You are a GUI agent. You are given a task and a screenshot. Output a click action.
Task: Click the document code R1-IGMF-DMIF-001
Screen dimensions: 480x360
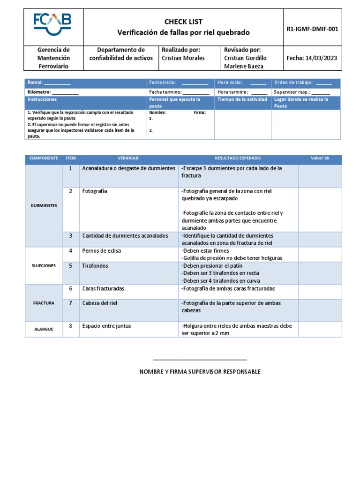pyautogui.click(x=312, y=29)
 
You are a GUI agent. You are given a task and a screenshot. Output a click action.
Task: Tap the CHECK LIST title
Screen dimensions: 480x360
pyautogui.click(x=183, y=22)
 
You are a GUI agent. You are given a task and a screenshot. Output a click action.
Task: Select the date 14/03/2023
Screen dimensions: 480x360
pyautogui.click(x=312, y=58)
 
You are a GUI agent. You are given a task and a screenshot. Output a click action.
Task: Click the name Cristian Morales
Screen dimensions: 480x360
pyautogui.click(x=183, y=58)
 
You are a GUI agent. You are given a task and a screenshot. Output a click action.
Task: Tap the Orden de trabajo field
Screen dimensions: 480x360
pyautogui.click(x=303, y=82)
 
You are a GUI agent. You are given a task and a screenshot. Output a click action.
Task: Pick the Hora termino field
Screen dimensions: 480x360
pyautogui.click(x=242, y=92)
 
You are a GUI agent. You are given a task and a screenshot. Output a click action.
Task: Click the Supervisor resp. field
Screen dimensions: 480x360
pyautogui.click(x=302, y=92)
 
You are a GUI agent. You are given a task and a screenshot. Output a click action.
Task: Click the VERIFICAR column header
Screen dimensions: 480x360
pyautogui.click(x=128, y=158)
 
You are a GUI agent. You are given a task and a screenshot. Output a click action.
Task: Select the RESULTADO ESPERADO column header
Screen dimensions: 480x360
pyautogui.click(x=238, y=158)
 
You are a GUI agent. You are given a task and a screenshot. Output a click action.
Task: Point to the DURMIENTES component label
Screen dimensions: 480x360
pyautogui.click(x=44, y=205)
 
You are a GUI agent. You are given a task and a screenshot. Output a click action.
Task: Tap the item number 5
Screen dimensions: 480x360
pyautogui.click(x=70, y=266)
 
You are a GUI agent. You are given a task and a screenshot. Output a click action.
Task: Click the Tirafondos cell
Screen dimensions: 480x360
pyautogui.click(x=95, y=266)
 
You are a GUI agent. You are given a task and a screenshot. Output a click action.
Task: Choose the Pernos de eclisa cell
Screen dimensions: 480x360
pyautogui.click(x=101, y=251)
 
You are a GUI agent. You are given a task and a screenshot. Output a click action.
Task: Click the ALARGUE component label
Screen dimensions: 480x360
pyautogui.click(x=44, y=329)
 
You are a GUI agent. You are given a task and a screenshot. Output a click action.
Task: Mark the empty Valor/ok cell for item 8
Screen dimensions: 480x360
pyautogui.click(x=320, y=329)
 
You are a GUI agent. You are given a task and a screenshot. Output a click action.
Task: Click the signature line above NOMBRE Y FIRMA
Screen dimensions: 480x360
pyautogui.click(x=200, y=360)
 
